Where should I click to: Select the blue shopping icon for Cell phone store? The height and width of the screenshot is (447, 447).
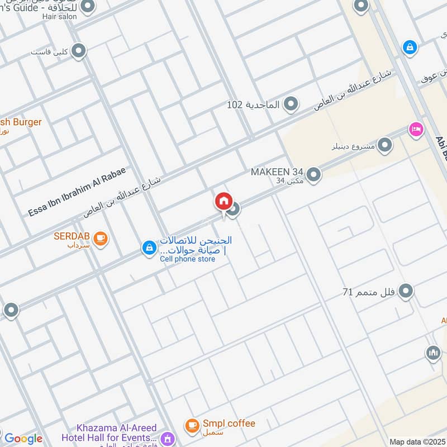pyautogui.click(x=149, y=248)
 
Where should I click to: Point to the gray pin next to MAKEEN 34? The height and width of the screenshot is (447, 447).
pyautogui.click(x=314, y=175)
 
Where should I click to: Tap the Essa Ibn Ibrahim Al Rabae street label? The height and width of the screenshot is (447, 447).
pyautogui.click(x=78, y=192)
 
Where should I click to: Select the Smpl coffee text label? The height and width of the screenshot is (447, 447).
pyautogui.click(x=229, y=424)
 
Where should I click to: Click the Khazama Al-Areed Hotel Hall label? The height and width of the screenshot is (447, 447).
pyautogui.click(x=110, y=432)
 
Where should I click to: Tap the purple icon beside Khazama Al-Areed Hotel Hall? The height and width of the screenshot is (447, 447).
pyautogui.click(x=167, y=439)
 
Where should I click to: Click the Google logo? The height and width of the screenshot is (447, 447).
pyautogui.click(x=23, y=439)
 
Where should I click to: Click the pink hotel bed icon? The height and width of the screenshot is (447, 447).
pyautogui.click(x=416, y=130)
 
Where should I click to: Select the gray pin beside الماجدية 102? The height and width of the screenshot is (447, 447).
pyautogui.click(x=291, y=104)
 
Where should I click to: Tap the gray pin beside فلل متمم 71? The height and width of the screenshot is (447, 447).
pyautogui.click(x=406, y=291)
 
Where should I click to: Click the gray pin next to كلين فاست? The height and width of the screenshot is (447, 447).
pyautogui.click(x=79, y=52)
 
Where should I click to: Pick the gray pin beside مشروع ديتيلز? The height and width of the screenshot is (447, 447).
pyautogui.click(x=384, y=146)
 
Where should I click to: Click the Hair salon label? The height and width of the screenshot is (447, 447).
pyautogui.click(x=58, y=16)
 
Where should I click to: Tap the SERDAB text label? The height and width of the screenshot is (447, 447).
pyautogui.click(x=72, y=236)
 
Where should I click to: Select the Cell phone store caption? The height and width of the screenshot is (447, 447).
pyautogui.click(x=187, y=259)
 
